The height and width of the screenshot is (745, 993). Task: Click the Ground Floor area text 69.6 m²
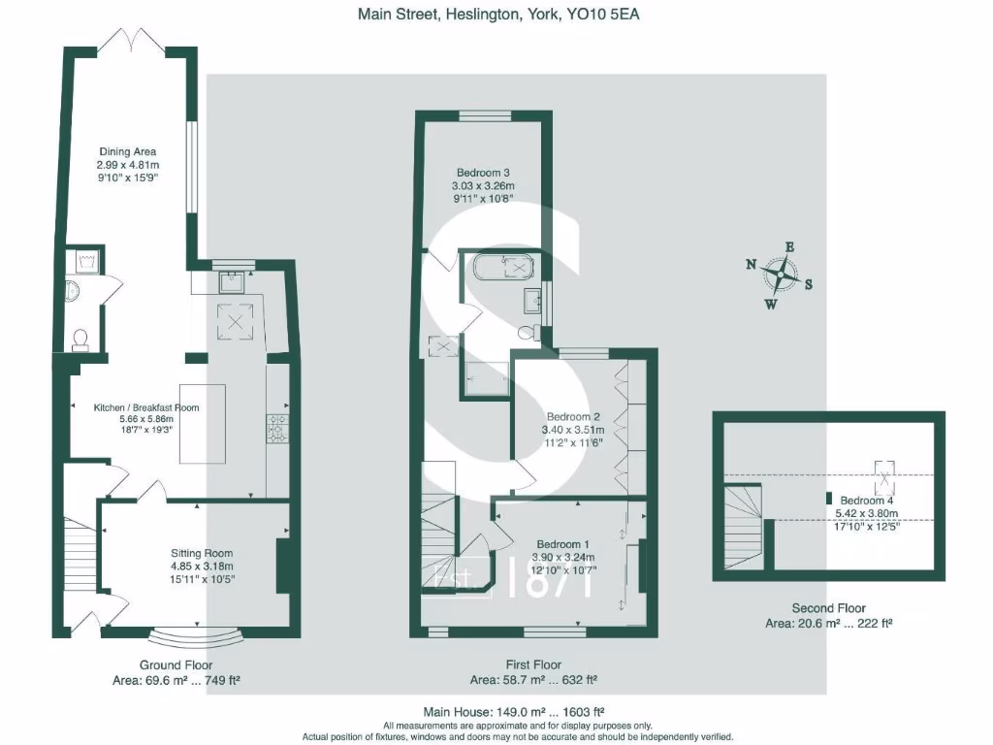pyautogui.click(x=176, y=680)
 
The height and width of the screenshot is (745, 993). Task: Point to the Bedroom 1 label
pyautogui.click(x=562, y=543)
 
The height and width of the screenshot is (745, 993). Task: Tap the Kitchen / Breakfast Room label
pyautogui.click(x=146, y=407)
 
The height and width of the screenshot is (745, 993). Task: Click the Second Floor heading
pyautogui.click(x=828, y=608)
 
